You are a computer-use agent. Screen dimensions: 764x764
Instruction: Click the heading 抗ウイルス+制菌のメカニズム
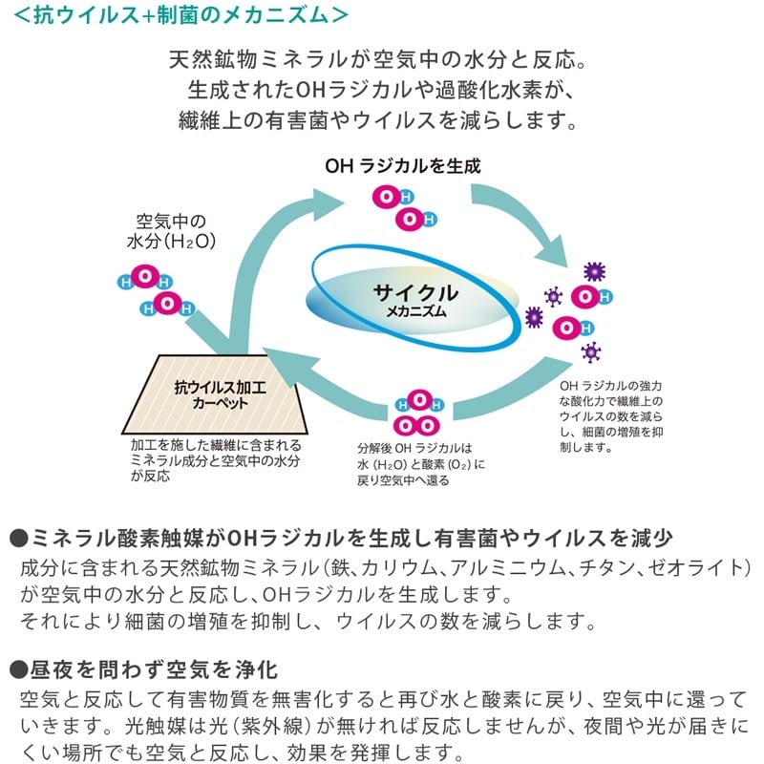(180, 14)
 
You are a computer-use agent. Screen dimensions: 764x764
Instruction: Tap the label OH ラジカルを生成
(402, 166)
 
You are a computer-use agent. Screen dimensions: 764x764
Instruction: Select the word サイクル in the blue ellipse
(415, 292)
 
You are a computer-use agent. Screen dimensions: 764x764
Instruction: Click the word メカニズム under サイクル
(416, 311)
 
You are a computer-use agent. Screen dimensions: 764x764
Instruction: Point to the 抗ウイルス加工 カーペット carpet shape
(215, 394)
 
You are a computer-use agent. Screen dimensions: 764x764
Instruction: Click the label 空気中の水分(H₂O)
(171, 231)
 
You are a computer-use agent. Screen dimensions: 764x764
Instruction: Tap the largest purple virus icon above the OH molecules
(594, 271)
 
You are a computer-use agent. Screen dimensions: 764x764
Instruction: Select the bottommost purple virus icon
(590, 351)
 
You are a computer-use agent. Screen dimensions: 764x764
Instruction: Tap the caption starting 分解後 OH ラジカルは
(421, 464)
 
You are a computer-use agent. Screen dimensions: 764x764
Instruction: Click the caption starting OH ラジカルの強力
(611, 416)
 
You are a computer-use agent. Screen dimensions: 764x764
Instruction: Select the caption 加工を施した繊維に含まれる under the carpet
(216, 445)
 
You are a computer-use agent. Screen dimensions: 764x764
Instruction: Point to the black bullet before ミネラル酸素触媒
(18, 539)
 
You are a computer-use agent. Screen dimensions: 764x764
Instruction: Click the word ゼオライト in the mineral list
(698, 567)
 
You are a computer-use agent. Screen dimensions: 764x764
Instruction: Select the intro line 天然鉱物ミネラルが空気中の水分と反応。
(378, 59)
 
